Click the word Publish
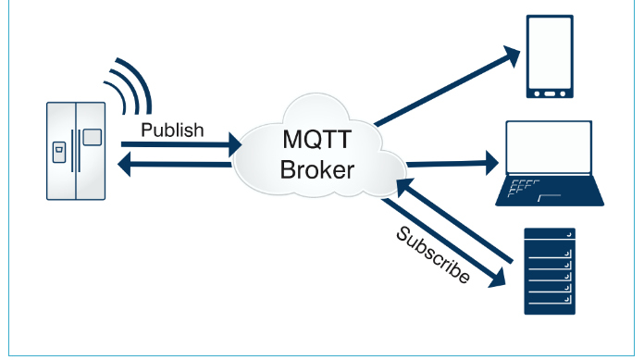click(172, 130)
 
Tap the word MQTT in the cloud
click(317, 140)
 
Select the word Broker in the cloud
click(317, 169)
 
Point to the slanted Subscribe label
click(432, 254)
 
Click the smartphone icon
click(550, 56)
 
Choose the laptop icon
click(550, 163)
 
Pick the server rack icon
click(550, 271)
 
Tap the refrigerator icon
click(76, 151)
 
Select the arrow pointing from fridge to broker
click(181, 144)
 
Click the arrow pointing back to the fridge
click(175, 165)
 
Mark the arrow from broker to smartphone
click(447, 86)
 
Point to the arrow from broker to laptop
click(452, 164)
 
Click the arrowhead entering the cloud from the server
click(404, 187)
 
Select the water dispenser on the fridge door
click(59, 152)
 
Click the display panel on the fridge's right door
click(93, 137)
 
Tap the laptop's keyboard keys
click(523, 188)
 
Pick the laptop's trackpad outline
click(549, 198)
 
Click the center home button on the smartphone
click(550, 93)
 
